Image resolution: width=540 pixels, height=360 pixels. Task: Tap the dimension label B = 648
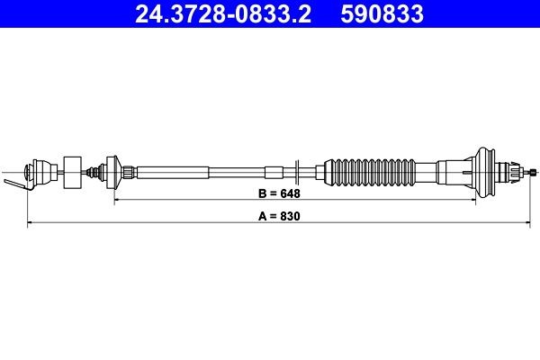(x=279, y=193)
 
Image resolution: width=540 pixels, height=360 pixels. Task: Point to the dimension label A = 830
(x=279, y=217)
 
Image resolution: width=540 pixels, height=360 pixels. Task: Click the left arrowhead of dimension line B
(x=117, y=201)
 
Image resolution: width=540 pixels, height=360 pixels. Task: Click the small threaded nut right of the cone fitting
(x=130, y=170)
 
